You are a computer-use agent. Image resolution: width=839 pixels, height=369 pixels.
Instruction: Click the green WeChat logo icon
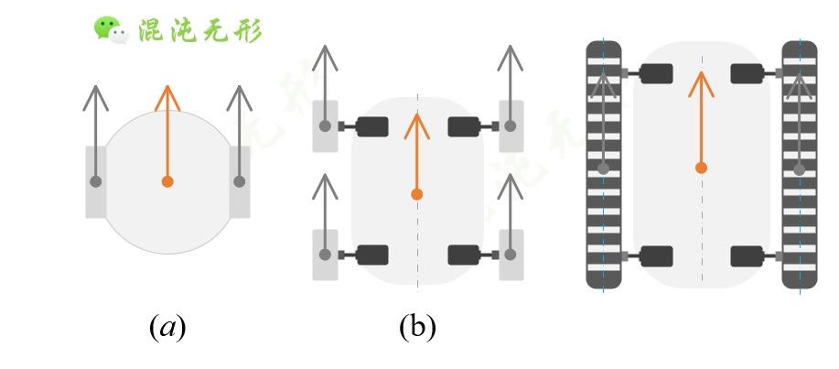click(x=110, y=29)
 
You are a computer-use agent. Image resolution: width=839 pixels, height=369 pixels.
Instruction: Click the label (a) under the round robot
click(x=167, y=327)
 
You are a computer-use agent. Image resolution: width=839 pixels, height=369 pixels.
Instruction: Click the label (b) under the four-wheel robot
click(x=417, y=327)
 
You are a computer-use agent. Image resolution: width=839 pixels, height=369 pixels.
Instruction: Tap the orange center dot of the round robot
click(x=167, y=181)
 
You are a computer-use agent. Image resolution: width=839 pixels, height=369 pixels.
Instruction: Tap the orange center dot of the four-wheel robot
click(x=417, y=194)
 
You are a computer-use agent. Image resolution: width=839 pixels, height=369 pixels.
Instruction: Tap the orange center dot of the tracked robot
click(x=701, y=168)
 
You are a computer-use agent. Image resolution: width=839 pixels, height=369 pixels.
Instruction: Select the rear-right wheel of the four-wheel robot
click(x=511, y=255)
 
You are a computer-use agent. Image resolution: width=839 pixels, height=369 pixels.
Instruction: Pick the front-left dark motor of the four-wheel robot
click(x=371, y=126)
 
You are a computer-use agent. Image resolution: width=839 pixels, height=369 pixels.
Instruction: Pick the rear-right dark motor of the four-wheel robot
click(x=464, y=255)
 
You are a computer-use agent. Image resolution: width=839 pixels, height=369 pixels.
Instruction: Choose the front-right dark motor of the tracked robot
click(x=748, y=73)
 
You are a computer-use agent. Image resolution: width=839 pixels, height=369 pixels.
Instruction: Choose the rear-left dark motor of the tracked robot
click(x=656, y=255)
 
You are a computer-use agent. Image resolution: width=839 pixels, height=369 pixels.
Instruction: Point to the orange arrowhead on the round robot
click(x=167, y=95)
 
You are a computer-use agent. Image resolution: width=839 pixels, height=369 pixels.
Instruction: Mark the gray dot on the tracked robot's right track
click(x=799, y=168)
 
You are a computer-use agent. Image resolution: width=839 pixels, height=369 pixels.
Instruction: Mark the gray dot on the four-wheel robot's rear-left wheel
click(x=325, y=254)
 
